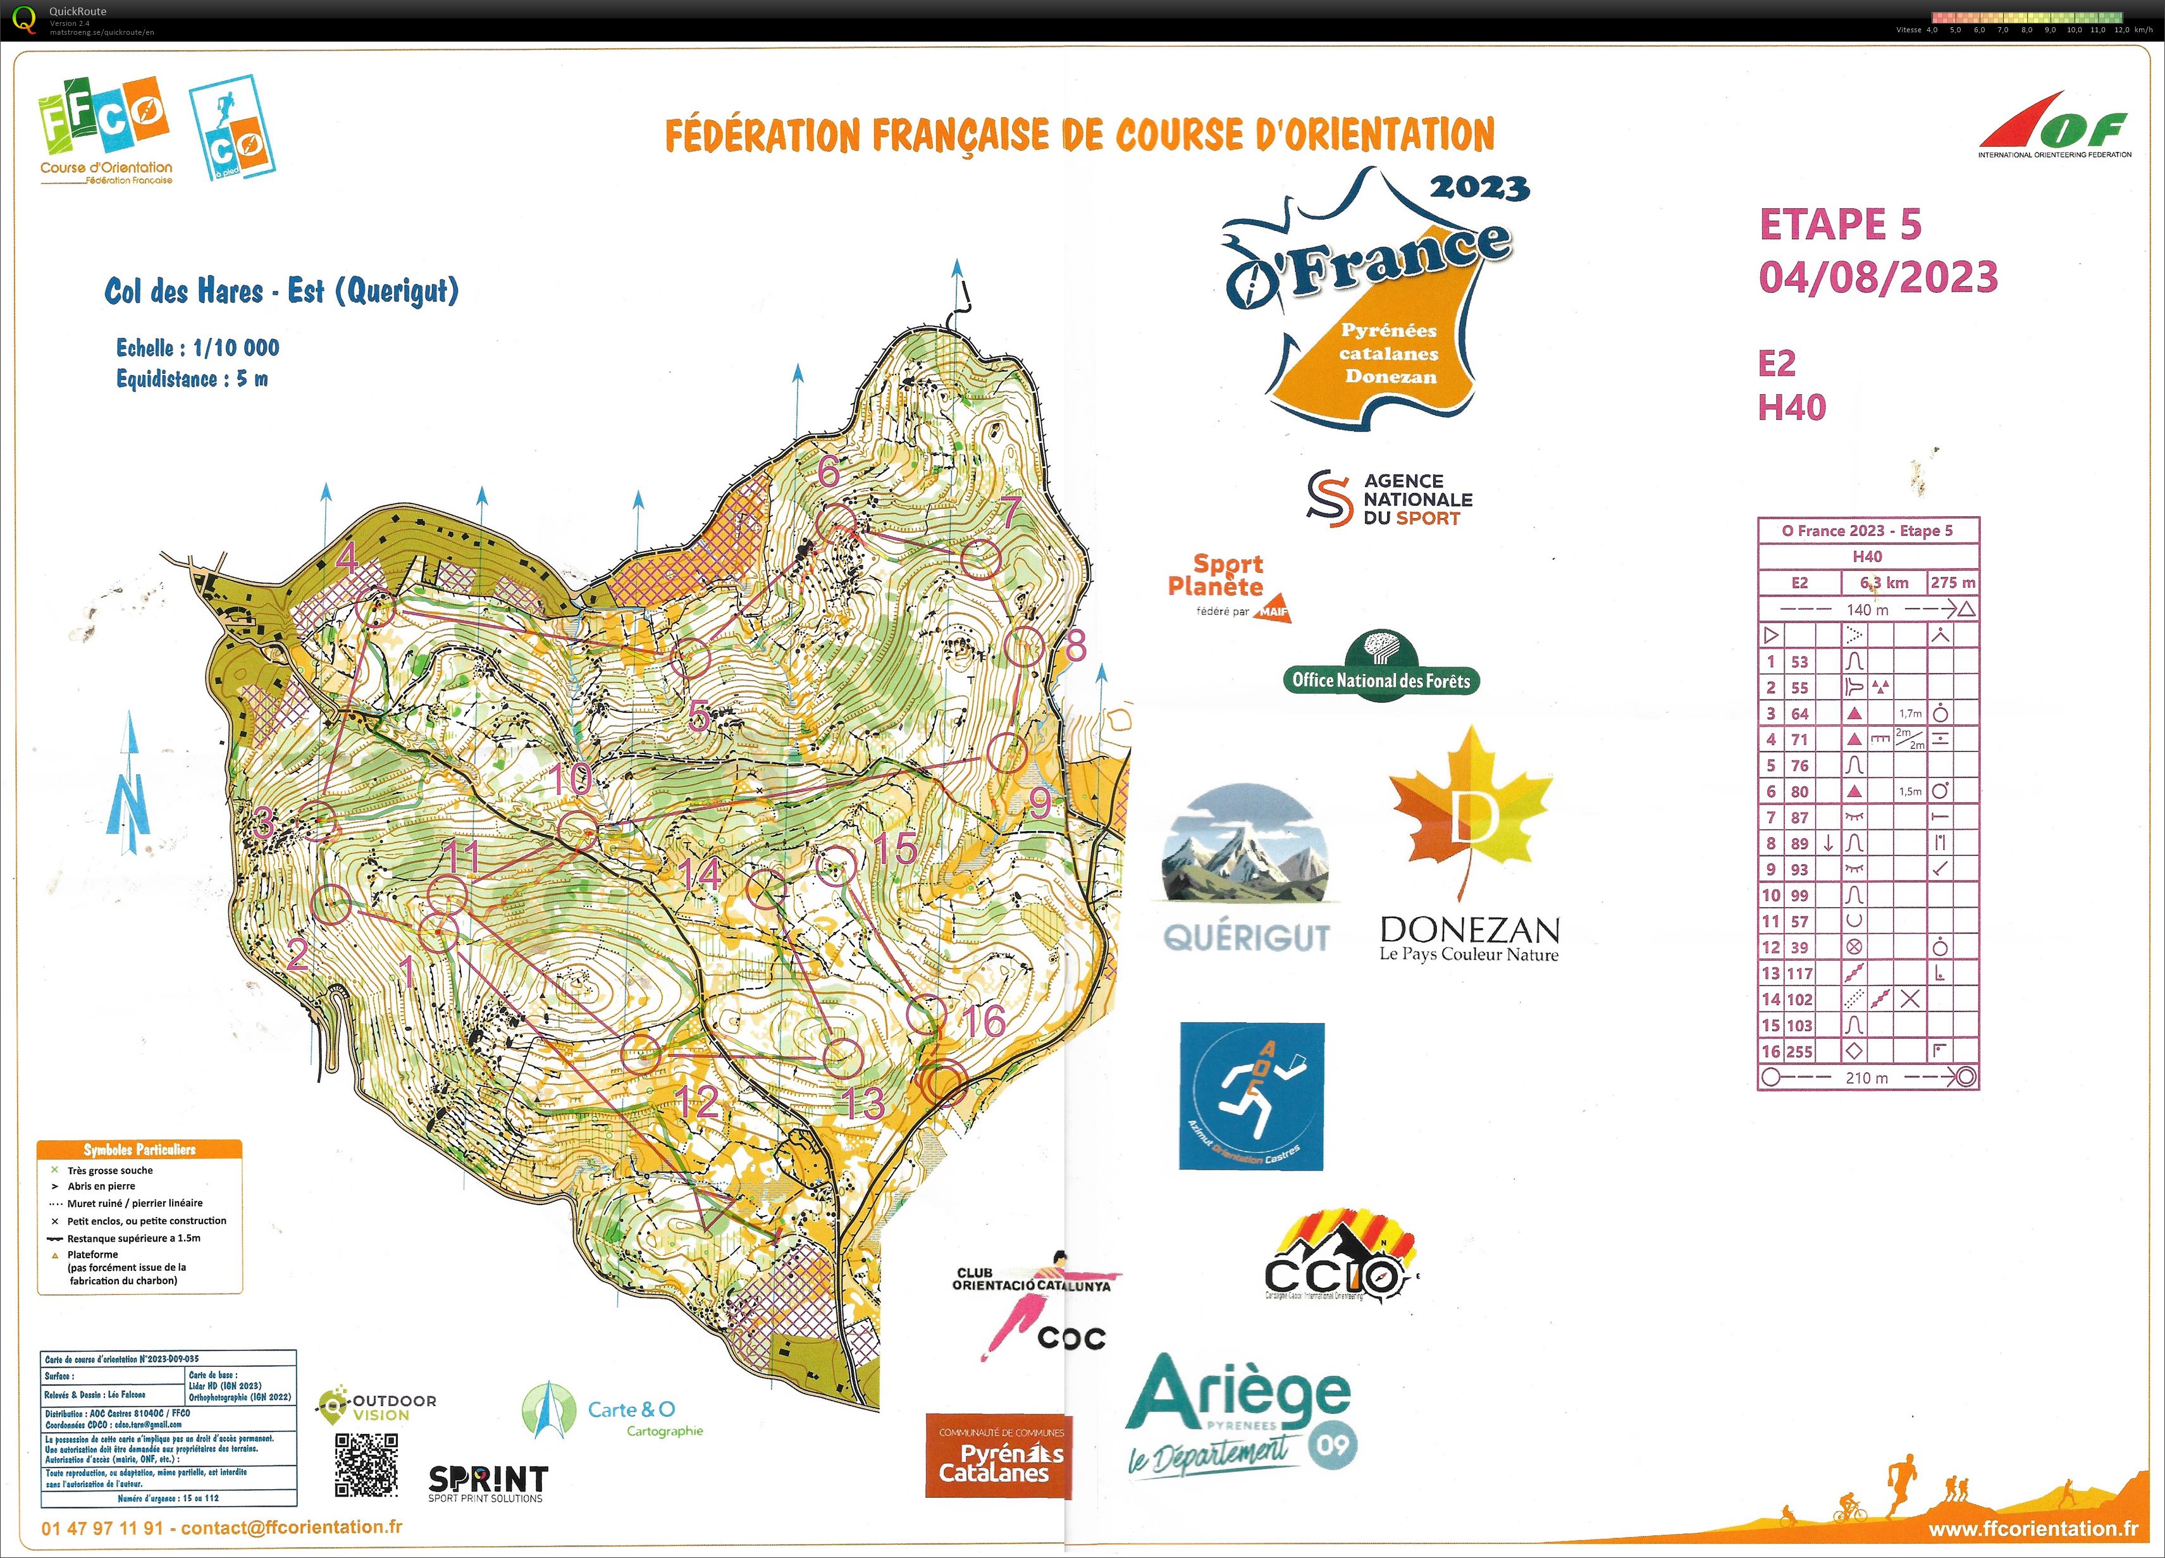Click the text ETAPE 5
click(x=1839, y=225)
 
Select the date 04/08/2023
click(x=1878, y=278)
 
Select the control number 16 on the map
click(x=984, y=1022)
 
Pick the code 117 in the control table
click(x=1799, y=974)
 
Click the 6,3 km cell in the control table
click(x=1884, y=583)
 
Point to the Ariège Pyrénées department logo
click(x=1241, y=1413)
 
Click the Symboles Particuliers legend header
click(x=139, y=1149)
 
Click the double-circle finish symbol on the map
click(x=945, y=1082)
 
